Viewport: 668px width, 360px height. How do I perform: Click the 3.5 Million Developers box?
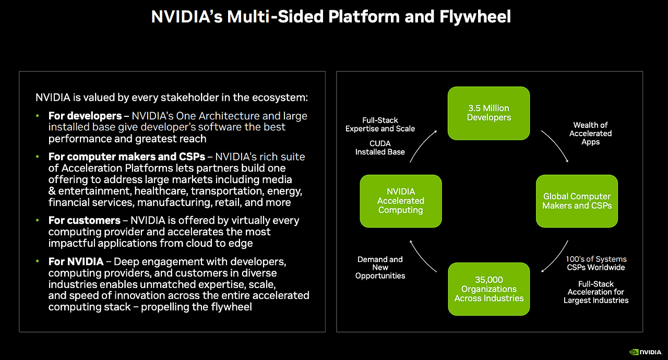(x=489, y=113)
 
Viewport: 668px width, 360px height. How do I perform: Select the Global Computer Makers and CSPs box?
(x=577, y=201)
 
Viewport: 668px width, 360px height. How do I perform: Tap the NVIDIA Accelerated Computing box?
(x=401, y=201)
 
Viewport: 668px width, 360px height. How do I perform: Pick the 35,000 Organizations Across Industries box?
(x=489, y=289)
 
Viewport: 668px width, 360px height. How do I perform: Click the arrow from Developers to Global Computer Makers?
(x=557, y=145)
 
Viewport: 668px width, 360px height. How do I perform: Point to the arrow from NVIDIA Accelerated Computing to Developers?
(x=421, y=145)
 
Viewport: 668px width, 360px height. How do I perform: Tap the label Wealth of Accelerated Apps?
(x=590, y=133)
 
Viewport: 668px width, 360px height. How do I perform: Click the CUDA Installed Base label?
(x=380, y=148)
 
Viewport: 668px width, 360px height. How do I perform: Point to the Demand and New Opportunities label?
(x=380, y=268)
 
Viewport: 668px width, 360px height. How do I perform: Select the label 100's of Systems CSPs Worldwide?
(x=596, y=263)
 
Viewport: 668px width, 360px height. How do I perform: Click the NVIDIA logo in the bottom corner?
(x=646, y=352)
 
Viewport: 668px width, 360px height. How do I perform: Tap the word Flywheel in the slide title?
(x=475, y=17)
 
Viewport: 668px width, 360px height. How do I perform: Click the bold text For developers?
(x=85, y=116)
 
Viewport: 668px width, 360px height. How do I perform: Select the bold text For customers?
(x=85, y=220)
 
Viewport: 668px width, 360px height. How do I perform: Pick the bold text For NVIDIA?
(x=76, y=261)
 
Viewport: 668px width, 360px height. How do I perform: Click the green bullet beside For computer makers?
(x=37, y=157)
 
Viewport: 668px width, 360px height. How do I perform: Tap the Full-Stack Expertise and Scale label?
(x=380, y=124)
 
